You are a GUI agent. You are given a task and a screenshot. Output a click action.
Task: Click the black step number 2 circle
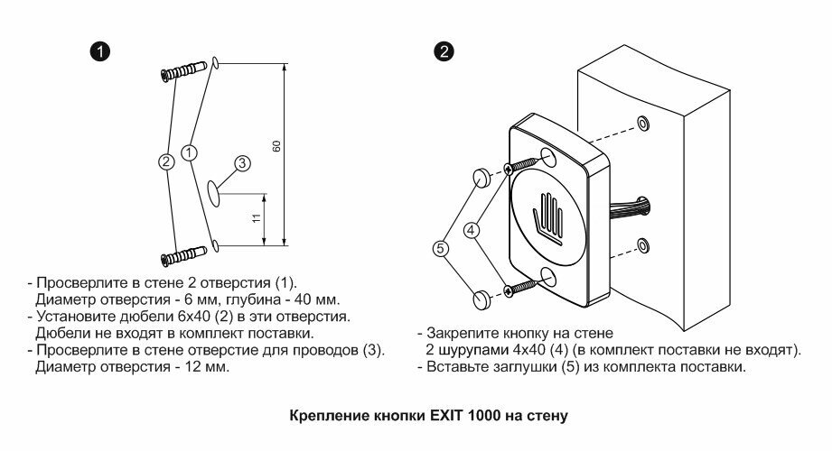(444, 51)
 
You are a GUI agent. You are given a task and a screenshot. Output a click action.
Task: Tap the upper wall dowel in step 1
(185, 70)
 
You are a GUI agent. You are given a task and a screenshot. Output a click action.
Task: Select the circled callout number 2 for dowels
(166, 161)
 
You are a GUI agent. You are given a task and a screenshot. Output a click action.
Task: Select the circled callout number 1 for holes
(189, 153)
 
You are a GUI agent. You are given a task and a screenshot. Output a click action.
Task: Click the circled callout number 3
(242, 163)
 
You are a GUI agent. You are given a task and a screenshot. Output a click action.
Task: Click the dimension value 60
(276, 147)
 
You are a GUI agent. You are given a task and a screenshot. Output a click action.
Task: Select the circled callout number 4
(471, 230)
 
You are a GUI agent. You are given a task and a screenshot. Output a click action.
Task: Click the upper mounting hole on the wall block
(641, 123)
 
